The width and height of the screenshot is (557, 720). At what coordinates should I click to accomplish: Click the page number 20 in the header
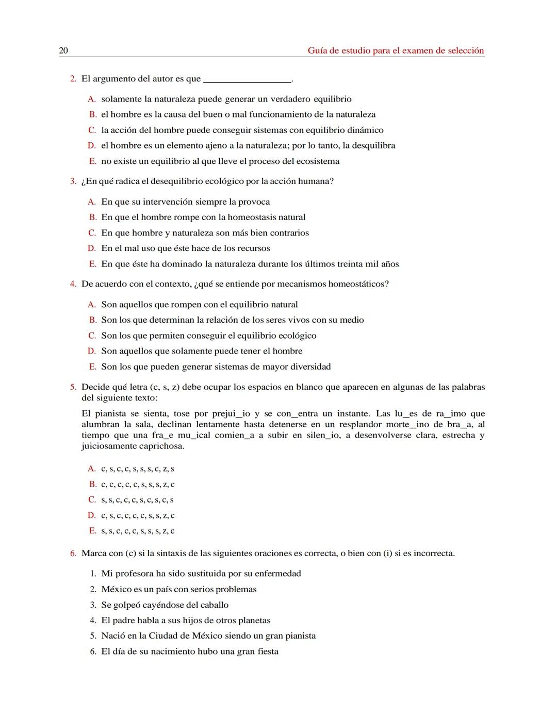63,51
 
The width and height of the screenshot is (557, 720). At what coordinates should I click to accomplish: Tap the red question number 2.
73,79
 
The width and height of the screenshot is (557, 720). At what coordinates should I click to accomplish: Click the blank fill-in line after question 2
248,80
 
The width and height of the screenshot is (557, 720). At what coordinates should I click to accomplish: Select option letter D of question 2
92,146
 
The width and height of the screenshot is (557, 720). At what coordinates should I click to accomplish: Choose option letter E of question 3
92,264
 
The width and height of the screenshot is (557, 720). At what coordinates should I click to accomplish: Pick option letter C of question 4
92,336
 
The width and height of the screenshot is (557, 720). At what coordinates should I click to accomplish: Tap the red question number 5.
73,387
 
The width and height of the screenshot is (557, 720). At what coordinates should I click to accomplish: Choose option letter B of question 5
92,484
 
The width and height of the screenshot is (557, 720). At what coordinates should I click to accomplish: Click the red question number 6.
73,554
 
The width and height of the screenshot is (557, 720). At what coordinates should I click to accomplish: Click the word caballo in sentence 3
214,605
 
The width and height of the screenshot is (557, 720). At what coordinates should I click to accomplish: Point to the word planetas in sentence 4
252,621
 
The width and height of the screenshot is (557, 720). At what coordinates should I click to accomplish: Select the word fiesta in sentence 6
268,651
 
